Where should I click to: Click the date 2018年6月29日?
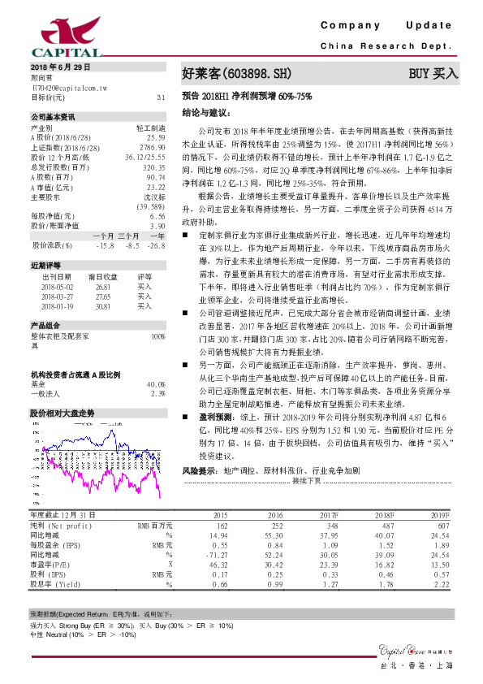(61, 65)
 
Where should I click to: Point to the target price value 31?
(160, 97)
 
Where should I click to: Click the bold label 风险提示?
(199, 470)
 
